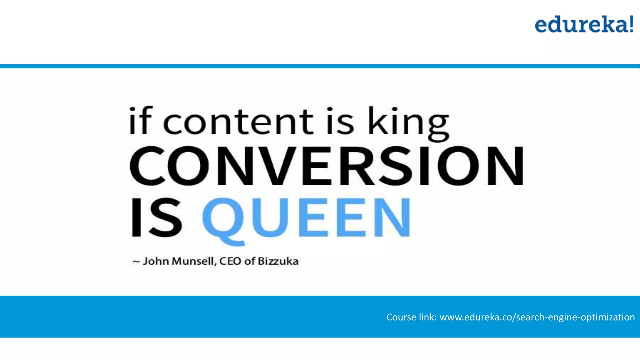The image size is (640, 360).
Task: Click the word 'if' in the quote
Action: pyautogui.click(x=140, y=121)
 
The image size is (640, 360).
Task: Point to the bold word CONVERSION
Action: pyautogui.click(x=327, y=166)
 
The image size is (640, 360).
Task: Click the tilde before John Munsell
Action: pyautogui.click(x=136, y=262)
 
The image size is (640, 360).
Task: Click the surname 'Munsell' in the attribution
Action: pyautogui.click(x=194, y=261)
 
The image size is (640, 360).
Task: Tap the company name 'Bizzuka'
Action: pyautogui.click(x=278, y=261)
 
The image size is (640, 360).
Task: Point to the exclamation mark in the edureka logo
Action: pyautogui.click(x=631, y=24)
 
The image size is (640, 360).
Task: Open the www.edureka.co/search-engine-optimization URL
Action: pyautogui.click(x=537, y=317)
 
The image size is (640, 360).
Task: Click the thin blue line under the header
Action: pyautogui.click(x=320, y=66)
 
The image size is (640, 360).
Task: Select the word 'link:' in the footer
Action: pyautogui.click(x=427, y=317)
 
